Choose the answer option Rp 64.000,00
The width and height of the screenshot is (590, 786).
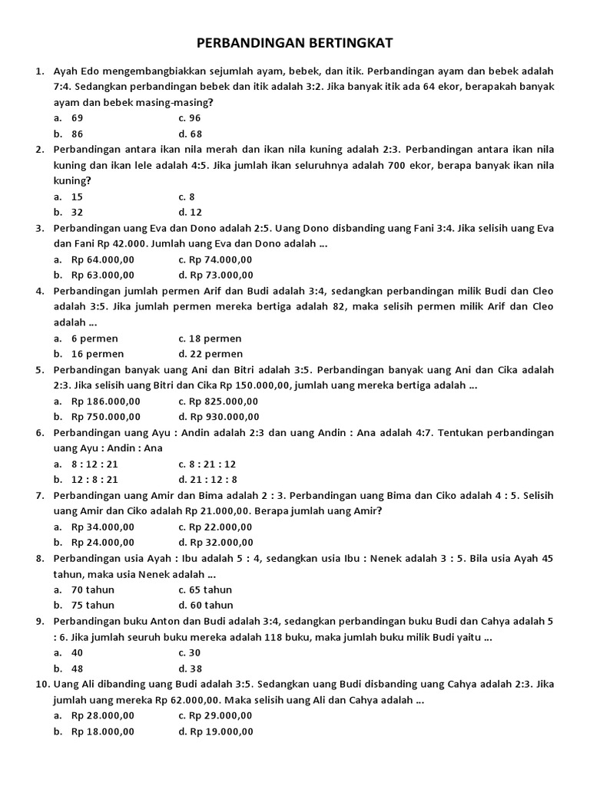click(103, 259)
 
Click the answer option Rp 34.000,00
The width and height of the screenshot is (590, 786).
click(103, 527)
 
